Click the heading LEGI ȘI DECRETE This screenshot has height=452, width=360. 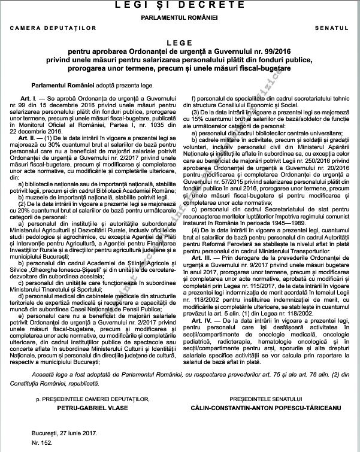(180, 5)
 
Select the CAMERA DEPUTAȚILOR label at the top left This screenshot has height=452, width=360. (43, 28)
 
